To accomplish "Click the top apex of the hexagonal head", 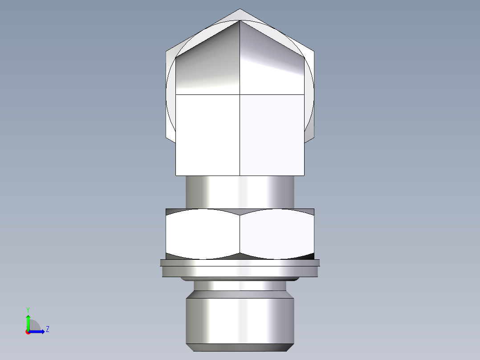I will tap(240, 9).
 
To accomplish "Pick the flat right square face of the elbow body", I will tap(272, 134).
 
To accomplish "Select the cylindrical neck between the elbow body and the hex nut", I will tap(240, 192).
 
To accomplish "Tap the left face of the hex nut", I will tap(203, 234).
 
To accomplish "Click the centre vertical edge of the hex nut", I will tap(240, 234).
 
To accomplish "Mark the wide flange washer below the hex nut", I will tap(240, 270).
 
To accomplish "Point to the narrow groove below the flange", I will tap(240, 285).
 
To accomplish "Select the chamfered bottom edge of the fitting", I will tap(240, 348).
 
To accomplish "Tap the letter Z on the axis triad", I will tap(47, 329).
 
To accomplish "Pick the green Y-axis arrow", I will tap(28, 321).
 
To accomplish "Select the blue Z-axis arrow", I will tap(38, 331).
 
